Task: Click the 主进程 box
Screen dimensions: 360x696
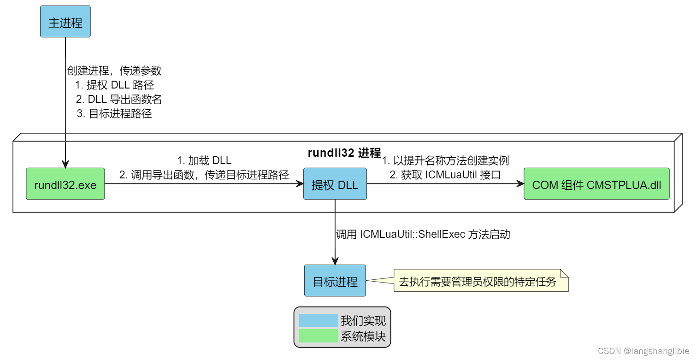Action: coord(65,22)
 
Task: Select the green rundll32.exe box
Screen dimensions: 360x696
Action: coord(65,184)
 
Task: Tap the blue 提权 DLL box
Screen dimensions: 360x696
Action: coord(335,184)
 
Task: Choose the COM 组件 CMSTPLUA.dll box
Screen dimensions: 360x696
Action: coord(596,184)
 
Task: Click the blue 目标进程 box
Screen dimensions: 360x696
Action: coord(335,281)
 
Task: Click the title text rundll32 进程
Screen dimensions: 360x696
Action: coord(344,153)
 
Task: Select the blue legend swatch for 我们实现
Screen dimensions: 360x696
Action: coord(318,320)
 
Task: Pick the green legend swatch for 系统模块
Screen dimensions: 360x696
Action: coord(318,336)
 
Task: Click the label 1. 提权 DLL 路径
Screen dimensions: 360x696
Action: coord(114,85)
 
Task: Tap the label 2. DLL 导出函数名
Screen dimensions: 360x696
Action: coord(119,100)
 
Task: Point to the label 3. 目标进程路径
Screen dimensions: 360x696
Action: coord(114,114)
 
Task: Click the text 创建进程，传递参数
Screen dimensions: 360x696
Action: coord(114,71)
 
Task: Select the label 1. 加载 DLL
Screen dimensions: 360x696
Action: coord(204,161)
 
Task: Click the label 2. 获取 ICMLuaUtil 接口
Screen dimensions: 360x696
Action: coord(445,175)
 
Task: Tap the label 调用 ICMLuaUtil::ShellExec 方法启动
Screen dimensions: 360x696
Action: coord(423,235)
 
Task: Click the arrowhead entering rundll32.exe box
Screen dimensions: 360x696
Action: coord(65,164)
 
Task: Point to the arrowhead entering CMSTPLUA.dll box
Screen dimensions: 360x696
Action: coord(520,184)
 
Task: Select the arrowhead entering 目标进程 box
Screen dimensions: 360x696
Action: coord(335,261)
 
